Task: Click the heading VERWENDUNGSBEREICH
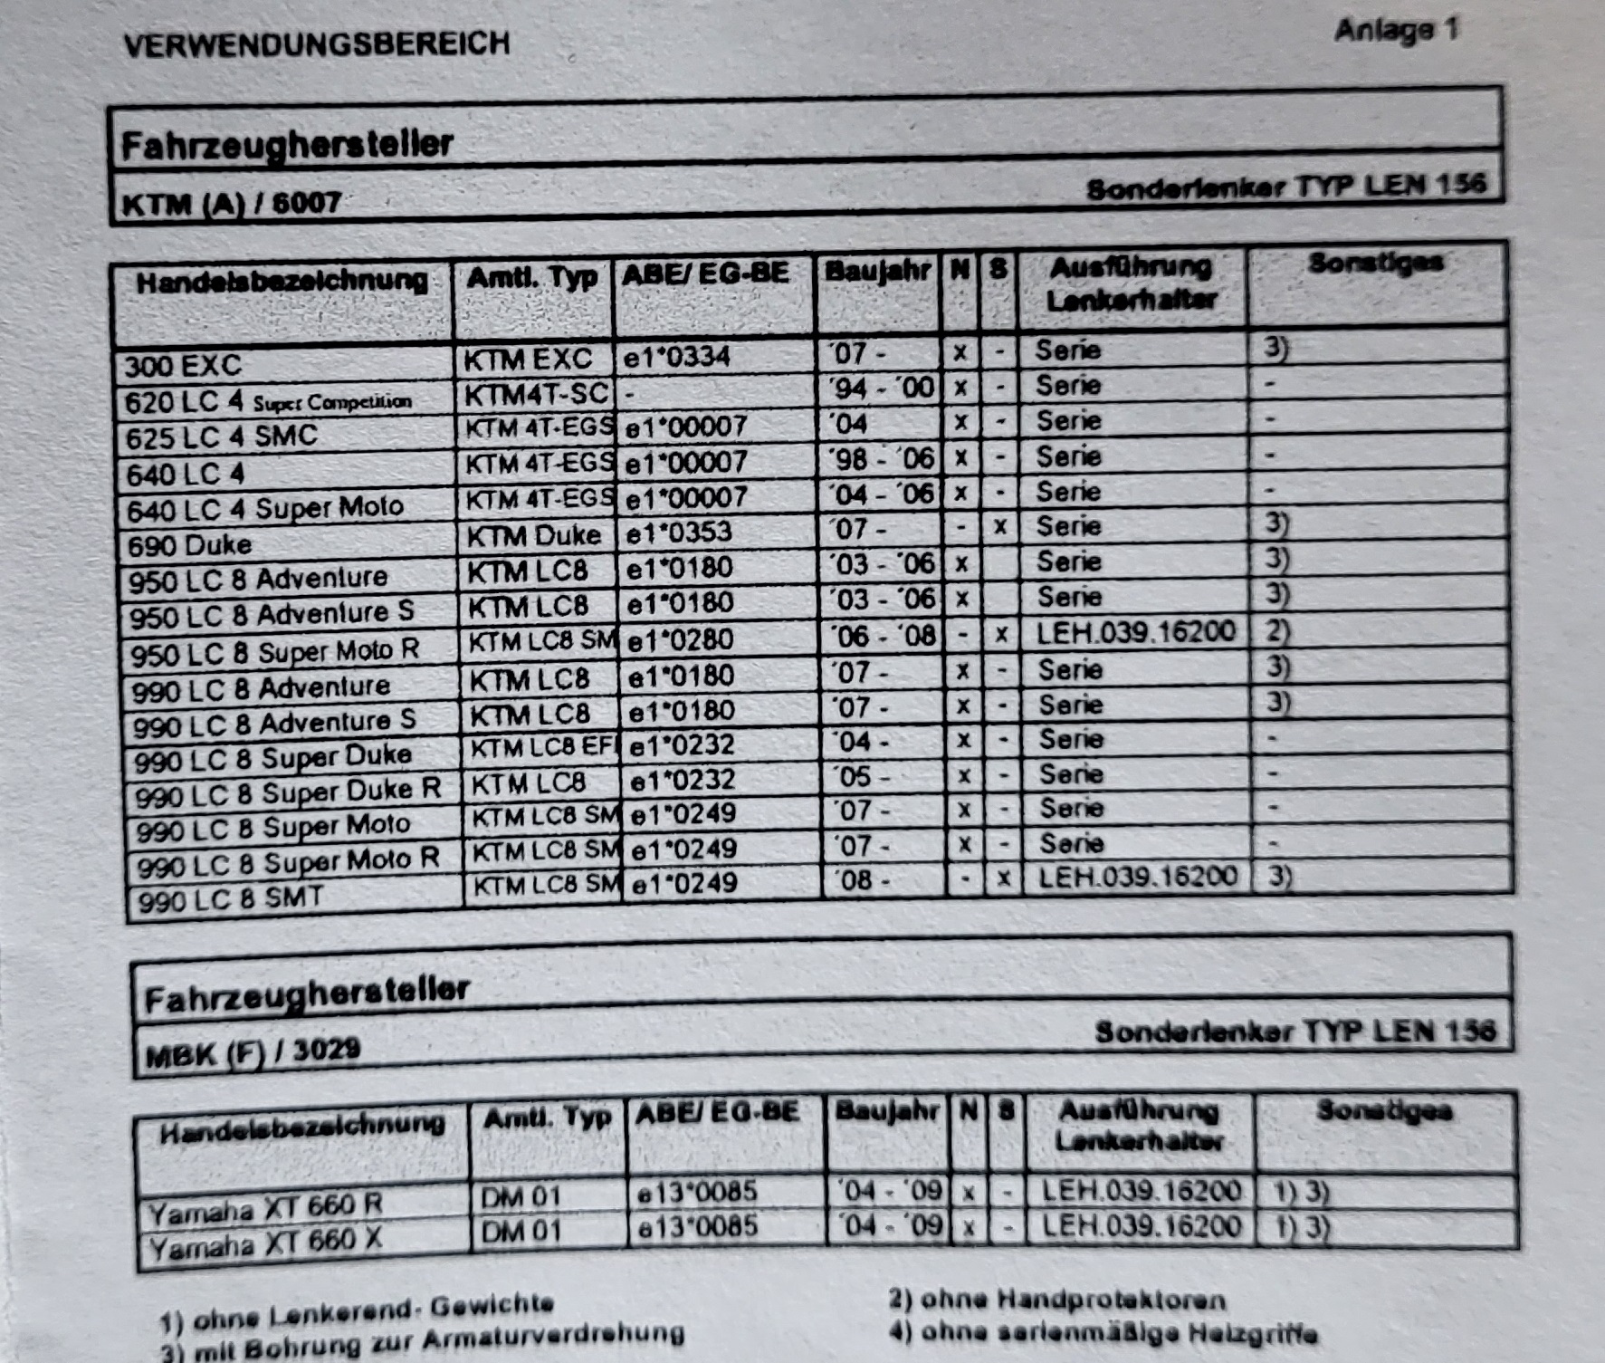pyautogui.click(x=316, y=43)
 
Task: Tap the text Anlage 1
pyautogui.click(x=1395, y=31)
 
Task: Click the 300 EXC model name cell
pyautogui.click(x=183, y=366)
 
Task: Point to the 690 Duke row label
pyautogui.click(x=189, y=545)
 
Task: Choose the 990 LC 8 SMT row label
pyautogui.click(x=231, y=899)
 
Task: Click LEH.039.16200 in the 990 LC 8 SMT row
pyautogui.click(x=1137, y=877)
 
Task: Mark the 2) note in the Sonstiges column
pyautogui.click(x=1276, y=630)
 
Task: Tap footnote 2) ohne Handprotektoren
pyautogui.click(x=1056, y=1301)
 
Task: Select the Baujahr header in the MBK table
pyautogui.click(x=884, y=1111)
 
